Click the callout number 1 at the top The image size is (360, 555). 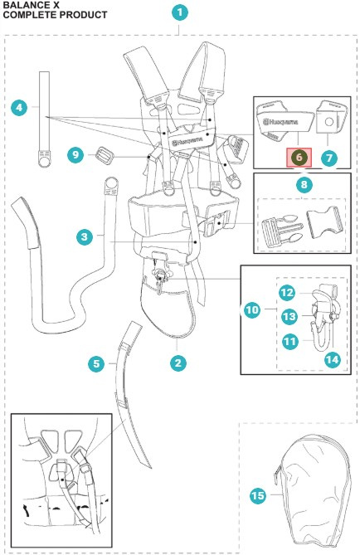click(x=180, y=12)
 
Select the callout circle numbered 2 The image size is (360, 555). click(x=178, y=363)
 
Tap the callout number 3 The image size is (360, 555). click(x=85, y=236)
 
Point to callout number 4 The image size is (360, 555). click(x=19, y=107)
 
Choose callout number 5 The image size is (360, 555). click(x=96, y=364)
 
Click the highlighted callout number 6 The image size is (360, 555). click(x=299, y=157)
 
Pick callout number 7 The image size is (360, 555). click(x=329, y=157)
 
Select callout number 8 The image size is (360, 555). click(x=304, y=184)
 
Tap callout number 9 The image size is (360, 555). click(x=75, y=154)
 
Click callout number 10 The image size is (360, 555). click(x=252, y=310)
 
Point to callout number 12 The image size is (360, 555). click(x=287, y=293)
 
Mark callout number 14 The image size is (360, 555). click(x=332, y=359)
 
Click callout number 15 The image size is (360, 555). click(x=258, y=495)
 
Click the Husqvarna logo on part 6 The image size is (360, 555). click(x=280, y=123)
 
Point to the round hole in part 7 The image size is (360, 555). click(x=328, y=122)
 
